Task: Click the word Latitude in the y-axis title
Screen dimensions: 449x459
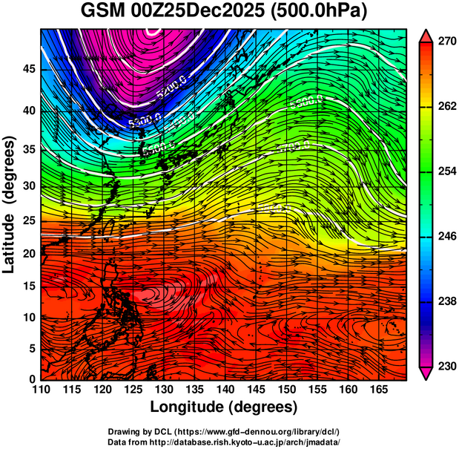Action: click(x=10, y=241)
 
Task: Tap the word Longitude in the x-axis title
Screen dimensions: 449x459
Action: click(x=188, y=407)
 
